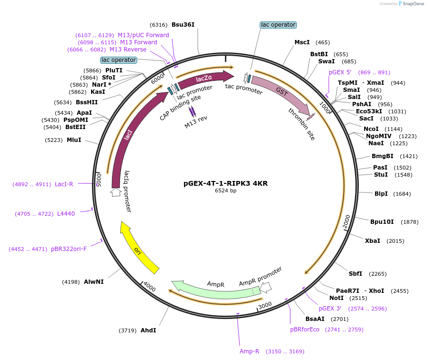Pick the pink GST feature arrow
tap(281, 92)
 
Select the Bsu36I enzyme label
tap(183, 25)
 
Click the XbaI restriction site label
tap(372, 240)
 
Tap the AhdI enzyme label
tap(148, 330)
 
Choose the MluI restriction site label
tap(74, 140)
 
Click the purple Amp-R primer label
tap(249, 351)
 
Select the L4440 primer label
tap(66, 214)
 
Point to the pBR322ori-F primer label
tap(69, 249)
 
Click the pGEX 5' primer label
tap(340, 72)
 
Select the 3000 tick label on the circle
tap(264, 305)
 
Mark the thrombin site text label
tap(301, 124)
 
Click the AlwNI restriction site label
tap(93, 282)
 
